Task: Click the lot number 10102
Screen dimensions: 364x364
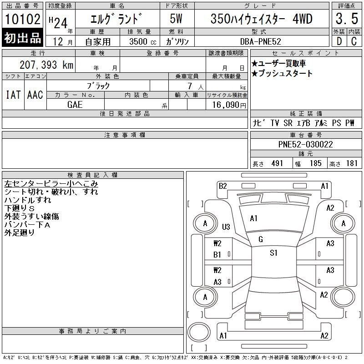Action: coord(22,19)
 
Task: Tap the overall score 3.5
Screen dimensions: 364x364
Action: coord(347,19)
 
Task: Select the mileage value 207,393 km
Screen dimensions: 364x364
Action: coord(46,65)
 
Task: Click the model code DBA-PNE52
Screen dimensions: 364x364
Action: coord(260,41)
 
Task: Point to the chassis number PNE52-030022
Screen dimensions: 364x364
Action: coord(305,144)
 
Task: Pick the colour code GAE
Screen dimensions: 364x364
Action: coord(75,105)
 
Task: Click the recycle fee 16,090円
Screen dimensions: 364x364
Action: coord(229,105)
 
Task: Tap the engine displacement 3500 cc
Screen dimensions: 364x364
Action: coord(143,41)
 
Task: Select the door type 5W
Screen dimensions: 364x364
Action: coord(176,19)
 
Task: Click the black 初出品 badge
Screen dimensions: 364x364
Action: coord(22,38)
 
